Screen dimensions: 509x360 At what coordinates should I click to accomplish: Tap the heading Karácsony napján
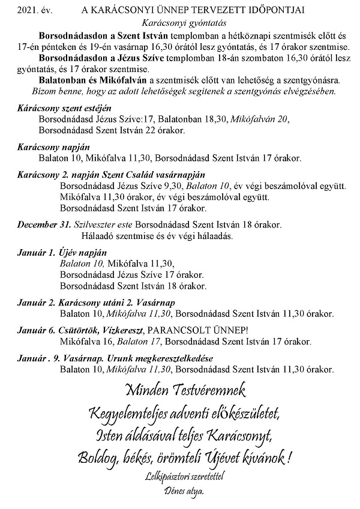click(46, 147)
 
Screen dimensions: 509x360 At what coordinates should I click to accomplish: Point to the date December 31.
click(43, 224)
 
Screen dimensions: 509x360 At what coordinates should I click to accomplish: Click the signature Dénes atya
click(180, 492)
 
